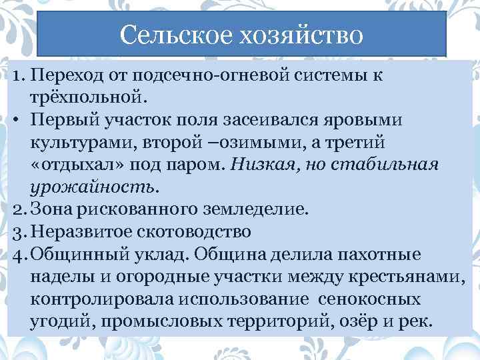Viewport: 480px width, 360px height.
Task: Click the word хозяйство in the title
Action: coord(297,33)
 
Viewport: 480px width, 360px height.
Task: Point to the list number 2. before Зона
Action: coord(19,210)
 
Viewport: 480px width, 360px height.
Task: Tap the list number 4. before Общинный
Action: coord(19,255)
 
